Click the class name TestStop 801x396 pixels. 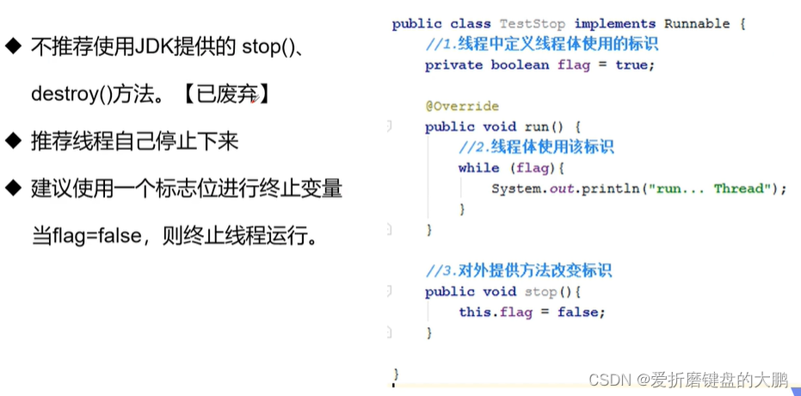tap(533, 24)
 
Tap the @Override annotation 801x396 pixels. tap(461, 106)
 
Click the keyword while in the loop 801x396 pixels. tap(478, 168)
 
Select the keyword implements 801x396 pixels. tap(615, 24)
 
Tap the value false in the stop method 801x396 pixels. tap(581, 312)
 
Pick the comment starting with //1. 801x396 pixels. tap(541, 45)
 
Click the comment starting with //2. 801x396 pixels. tap(536, 147)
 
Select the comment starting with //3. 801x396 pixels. tap(518, 271)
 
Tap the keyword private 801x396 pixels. tap(453, 65)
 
